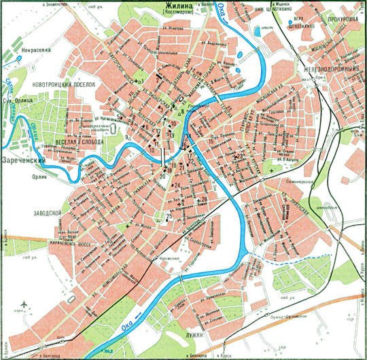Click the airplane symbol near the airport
pos(25,302)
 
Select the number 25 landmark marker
pos(168,216)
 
